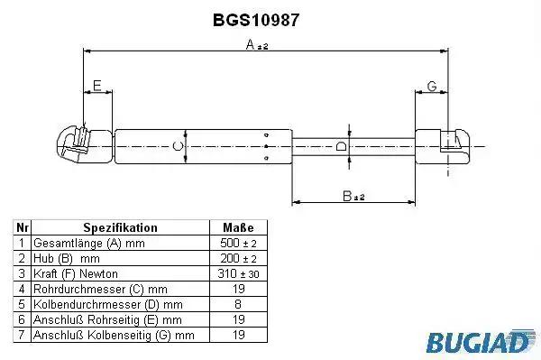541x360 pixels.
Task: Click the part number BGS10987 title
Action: coord(256,20)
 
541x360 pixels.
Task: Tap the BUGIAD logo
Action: coord(481,342)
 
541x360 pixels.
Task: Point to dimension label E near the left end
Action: coord(97,85)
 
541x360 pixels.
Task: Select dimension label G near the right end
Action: coord(432,86)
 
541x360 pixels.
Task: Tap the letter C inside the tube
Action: coord(178,146)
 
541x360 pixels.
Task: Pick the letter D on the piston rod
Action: coord(341,146)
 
